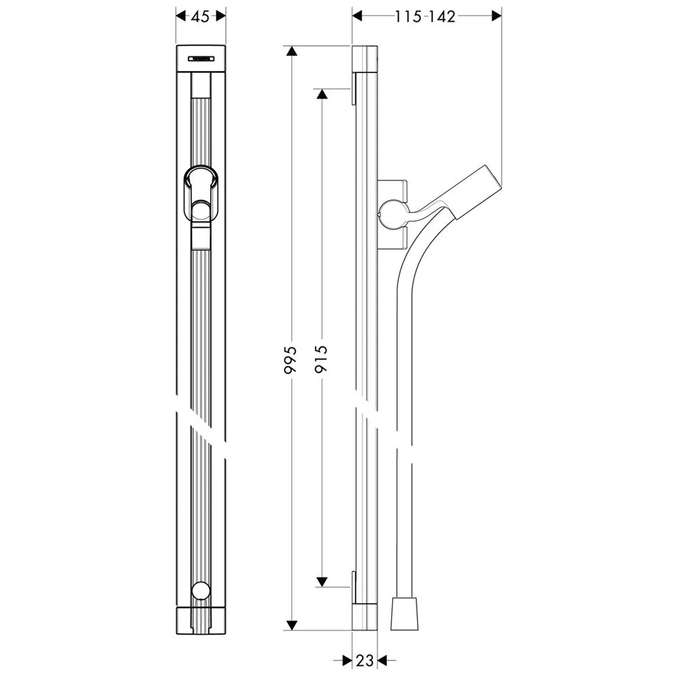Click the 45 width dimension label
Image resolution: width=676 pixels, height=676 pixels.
pyautogui.click(x=200, y=17)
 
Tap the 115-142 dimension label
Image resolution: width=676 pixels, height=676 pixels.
pyautogui.click(x=425, y=17)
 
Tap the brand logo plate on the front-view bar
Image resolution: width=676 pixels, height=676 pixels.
pyautogui.click(x=201, y=59)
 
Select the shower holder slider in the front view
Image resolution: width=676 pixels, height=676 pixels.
pyautogui.click(x=201, y=193)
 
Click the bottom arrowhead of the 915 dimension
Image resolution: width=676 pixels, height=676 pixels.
pyautogui.click(x=322, y=581)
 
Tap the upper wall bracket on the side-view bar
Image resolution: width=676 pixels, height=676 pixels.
pyautogui.click(x=353, y=89)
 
